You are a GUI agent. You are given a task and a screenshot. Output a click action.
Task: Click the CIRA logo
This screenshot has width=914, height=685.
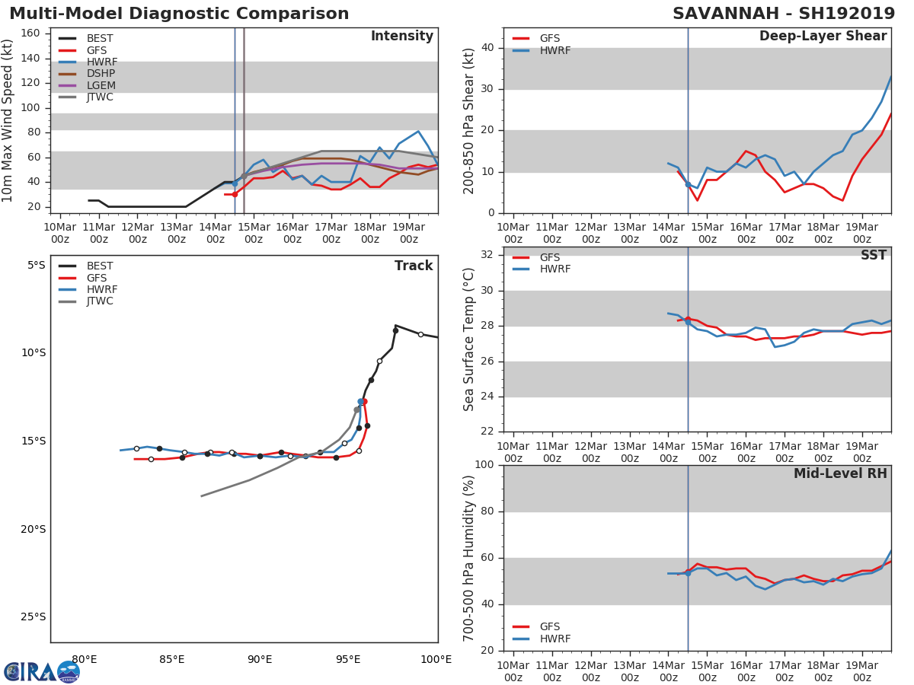tap(42, 671)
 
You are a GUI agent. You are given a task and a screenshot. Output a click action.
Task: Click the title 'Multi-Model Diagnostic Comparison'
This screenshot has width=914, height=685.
tap(179, 14)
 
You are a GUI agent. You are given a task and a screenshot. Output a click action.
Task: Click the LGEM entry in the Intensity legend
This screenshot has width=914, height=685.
tap(101, 85)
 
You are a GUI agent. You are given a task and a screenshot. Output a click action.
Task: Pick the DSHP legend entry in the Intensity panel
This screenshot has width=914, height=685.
tap(101, 74)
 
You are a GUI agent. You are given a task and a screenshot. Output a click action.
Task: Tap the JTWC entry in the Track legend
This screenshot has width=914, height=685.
tap(100, 301)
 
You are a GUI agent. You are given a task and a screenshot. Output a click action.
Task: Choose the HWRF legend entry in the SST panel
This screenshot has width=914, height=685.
tap(554, 269)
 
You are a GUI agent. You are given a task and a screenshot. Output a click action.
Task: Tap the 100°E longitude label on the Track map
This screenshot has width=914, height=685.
tap(436, 659)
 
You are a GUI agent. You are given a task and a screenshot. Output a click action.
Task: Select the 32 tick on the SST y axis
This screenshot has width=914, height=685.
tap(487, 255)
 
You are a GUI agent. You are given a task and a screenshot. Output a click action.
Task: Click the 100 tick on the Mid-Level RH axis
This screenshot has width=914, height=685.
tap(484, 465)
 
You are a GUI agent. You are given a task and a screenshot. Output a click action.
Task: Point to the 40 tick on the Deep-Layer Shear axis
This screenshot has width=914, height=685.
tap(487, 48)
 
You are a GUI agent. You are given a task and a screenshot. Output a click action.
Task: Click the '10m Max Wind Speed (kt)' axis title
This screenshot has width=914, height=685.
tap(8, 120)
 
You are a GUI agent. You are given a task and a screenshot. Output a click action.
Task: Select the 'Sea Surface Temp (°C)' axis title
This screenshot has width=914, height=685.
tap(469, 339)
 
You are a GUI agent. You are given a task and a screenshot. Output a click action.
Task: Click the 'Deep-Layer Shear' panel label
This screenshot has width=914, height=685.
tap(823, 37)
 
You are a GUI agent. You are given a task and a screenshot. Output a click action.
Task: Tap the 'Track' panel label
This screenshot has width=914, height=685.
tap(413, 266)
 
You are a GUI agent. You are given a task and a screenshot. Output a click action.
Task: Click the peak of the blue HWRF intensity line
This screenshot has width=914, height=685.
tap(418, 131)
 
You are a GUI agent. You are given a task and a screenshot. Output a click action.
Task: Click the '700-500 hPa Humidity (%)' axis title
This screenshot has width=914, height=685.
tap(469, 558)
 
